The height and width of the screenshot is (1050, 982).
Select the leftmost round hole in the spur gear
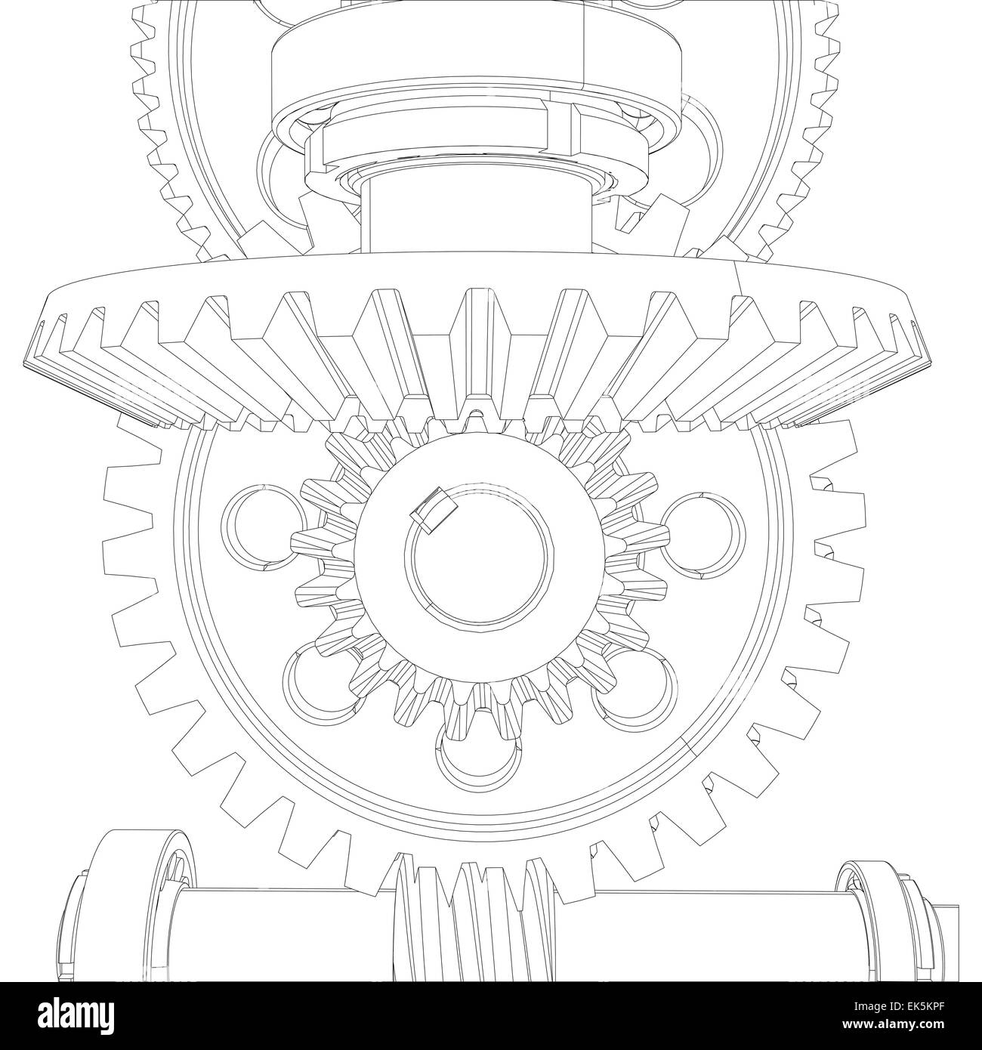click(261, 526)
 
